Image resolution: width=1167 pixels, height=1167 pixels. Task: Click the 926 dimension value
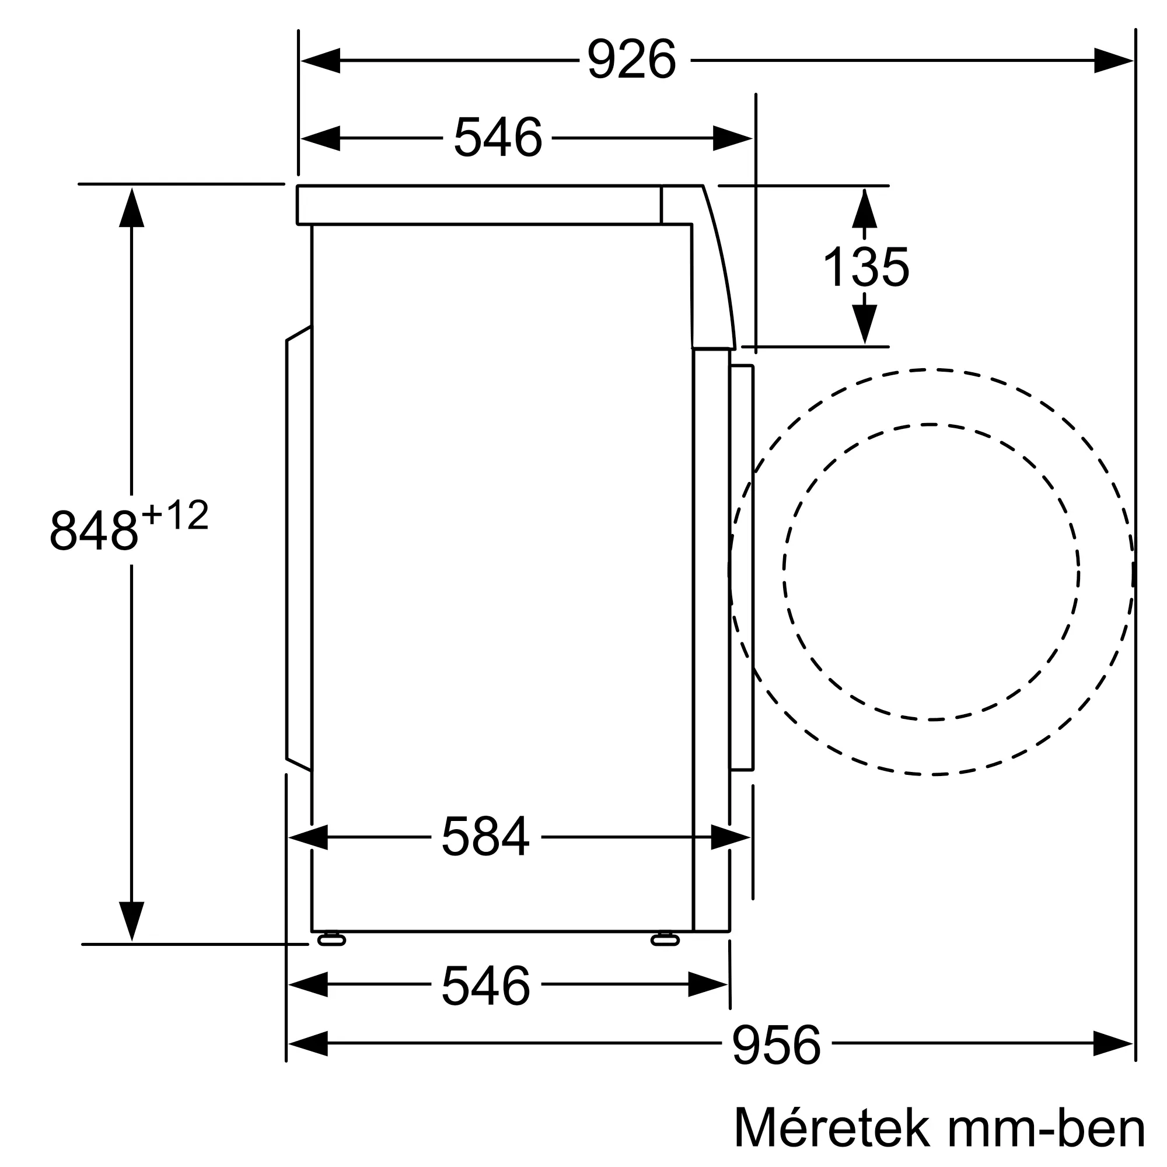tap(631, 59)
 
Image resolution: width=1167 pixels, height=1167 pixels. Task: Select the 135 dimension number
tap(865, 267)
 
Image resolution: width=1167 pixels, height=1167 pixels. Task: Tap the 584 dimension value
tap(485, 837)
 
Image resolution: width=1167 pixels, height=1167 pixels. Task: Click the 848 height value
tap(93, 530)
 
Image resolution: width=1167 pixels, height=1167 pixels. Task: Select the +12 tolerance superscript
tap(175, 515)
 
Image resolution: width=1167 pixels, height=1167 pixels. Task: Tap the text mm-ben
tap(1046, 1128)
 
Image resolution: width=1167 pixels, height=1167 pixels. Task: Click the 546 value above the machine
tap(498, 138)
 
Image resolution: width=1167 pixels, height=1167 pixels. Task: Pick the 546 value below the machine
tap(485, 986)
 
